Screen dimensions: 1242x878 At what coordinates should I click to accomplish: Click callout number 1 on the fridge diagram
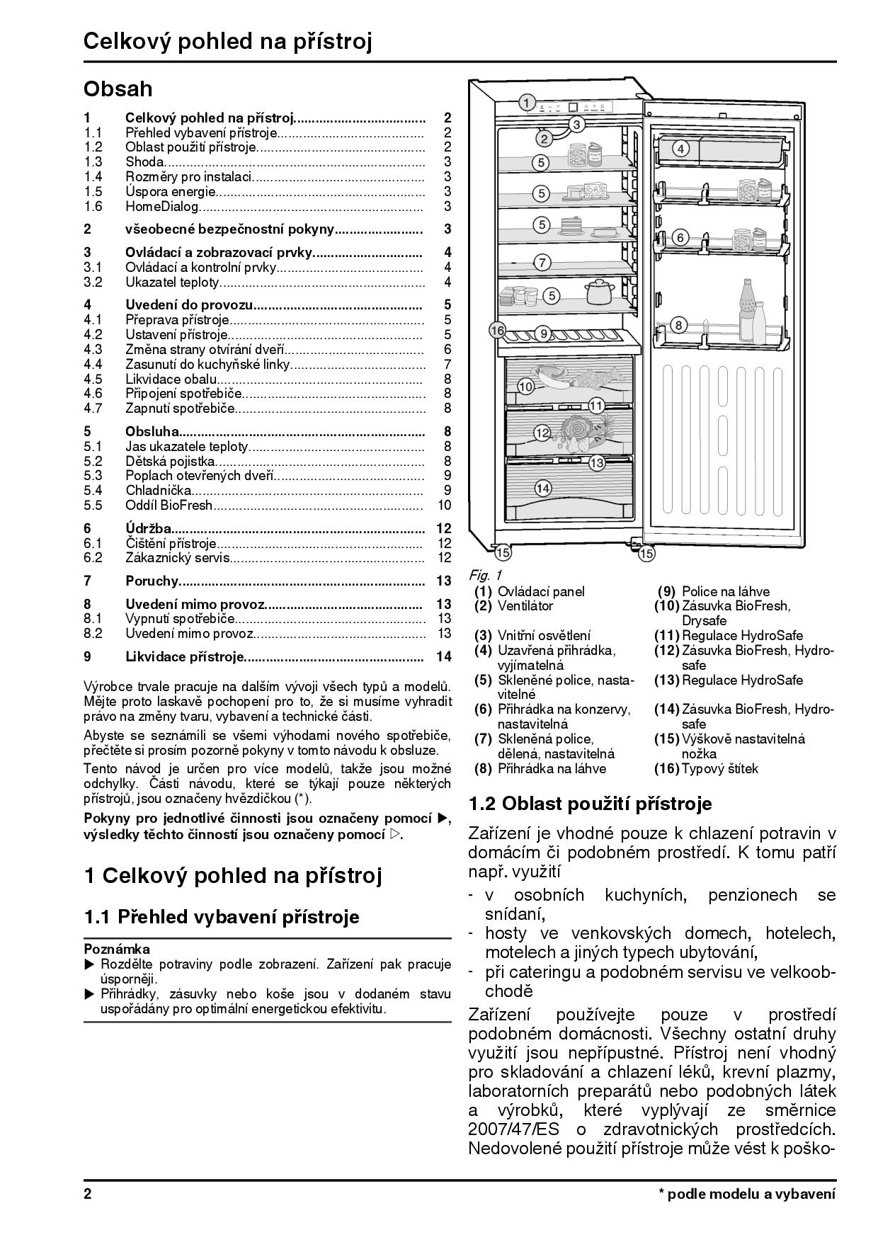tap(526, 103)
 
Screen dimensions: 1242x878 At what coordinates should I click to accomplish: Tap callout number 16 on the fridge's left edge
tap(497, 330)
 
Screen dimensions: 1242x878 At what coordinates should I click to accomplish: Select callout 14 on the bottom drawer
tap(543, 487)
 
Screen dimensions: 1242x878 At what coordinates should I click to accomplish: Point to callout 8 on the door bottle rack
tap(678, 325)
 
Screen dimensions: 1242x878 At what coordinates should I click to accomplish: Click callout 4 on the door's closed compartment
tap(680, 149)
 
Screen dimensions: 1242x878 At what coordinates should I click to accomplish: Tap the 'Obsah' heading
tap(118, 89)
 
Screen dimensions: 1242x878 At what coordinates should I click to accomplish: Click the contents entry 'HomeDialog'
tap(162, 207)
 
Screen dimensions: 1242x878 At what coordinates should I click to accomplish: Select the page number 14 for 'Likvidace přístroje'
tap(444, 656)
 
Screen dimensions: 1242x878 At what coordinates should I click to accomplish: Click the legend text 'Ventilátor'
tap(525, 606)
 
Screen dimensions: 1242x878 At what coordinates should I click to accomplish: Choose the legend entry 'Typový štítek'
tap(719, 768)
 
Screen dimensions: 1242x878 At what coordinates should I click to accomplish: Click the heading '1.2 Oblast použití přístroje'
tap(590, 804)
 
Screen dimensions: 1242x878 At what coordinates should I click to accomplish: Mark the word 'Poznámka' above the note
tap(117, 949)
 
